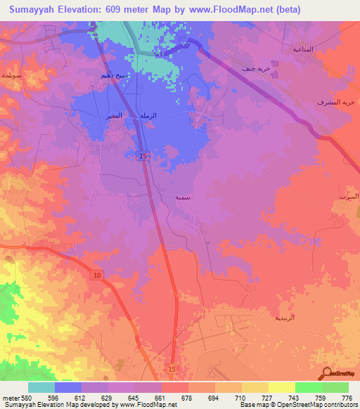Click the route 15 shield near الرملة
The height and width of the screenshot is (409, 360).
tap(143, 155)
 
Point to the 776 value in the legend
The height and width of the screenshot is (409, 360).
tap(346, 398)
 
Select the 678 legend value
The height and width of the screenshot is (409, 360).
tap(186, 398)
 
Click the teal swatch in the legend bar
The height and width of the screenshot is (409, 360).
tap(41, 387)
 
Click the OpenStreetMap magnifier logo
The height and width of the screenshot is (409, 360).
tap(326, 373)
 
